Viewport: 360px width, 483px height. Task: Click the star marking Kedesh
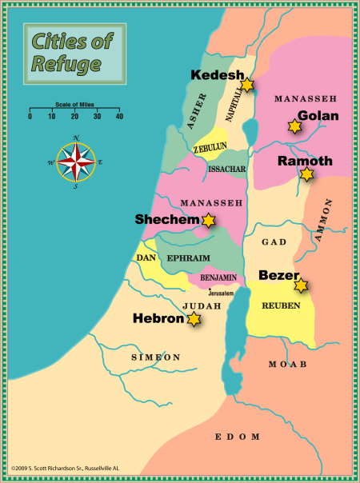tap(247, 84)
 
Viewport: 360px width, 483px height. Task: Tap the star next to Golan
tap(294, 126)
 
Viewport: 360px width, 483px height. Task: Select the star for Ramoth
tap(306, 174)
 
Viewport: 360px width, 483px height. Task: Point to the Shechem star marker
tap(209, 220)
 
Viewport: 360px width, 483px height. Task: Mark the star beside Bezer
tap(301, 285)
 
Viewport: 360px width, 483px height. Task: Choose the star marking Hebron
tap(194, 319)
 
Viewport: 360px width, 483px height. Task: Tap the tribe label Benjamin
tap(213, 277)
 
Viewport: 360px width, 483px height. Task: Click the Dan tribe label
tap(145, 257)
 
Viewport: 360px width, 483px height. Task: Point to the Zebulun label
tap(210, 149)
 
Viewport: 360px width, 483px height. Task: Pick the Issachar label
tap(226, 170)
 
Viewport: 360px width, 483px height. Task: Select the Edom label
tap(238, 437)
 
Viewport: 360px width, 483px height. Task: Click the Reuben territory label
tap(281, 306)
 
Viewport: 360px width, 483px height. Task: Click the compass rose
tap(76, 162)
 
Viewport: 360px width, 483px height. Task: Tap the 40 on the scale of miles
tap(119, 117)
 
